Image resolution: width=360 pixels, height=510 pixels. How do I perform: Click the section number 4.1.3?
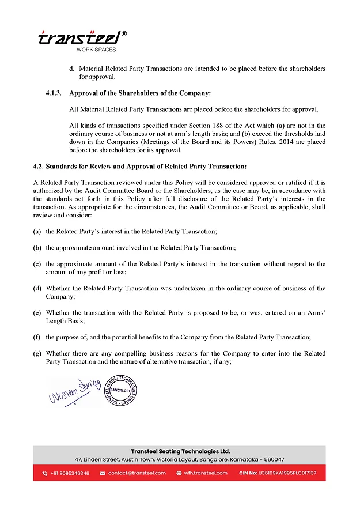coord(55,93)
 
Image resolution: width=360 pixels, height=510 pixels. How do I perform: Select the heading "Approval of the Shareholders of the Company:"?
coord(140,93)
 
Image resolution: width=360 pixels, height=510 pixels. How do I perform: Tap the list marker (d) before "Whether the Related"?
coord(37,288)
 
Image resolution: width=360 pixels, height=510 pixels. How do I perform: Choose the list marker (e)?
coord(37,312)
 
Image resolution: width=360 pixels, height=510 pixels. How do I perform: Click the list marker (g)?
coord(37,353)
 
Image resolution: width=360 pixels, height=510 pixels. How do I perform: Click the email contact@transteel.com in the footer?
coord(137,473)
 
